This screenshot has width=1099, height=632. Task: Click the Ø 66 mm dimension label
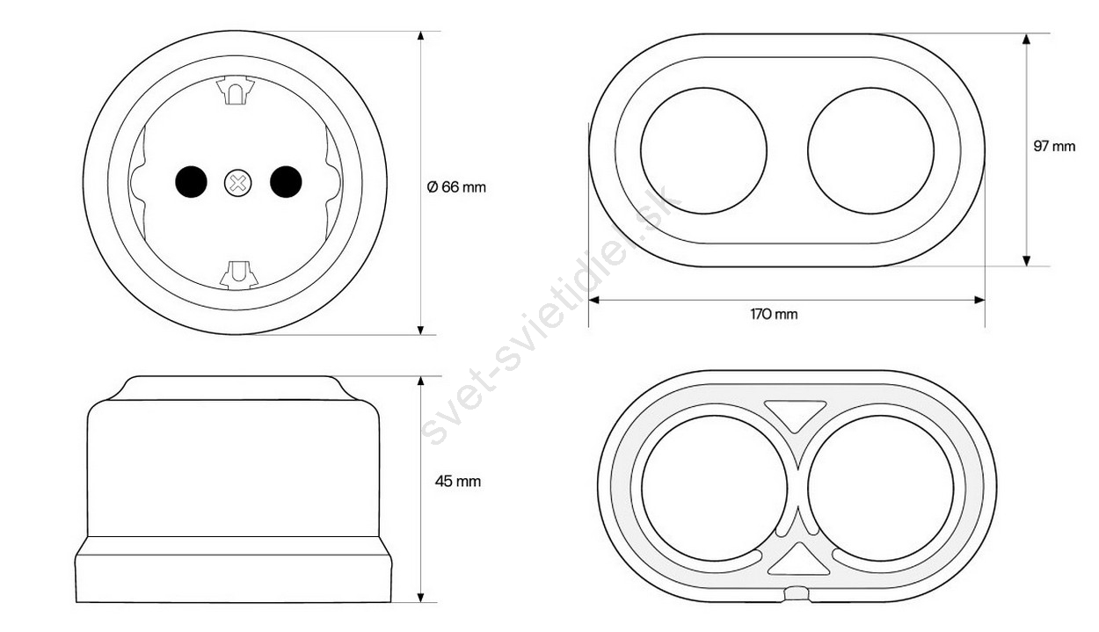[x=456, y=187]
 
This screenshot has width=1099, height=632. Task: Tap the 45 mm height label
[x=458, y=482]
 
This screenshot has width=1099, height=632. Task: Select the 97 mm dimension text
[x=1054, y=146]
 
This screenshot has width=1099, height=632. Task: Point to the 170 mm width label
[x=774, y=314]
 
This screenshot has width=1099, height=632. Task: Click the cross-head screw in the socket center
[x=238, y=183]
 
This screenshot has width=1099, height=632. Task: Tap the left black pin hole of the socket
[x=191, y=182]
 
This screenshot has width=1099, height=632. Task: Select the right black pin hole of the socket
[x=286, y=182]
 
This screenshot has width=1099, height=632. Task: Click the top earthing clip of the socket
[x=236, y=90]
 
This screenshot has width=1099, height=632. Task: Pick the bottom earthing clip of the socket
[x=239, y=275]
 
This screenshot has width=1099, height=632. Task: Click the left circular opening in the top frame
[x=703, y=150]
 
